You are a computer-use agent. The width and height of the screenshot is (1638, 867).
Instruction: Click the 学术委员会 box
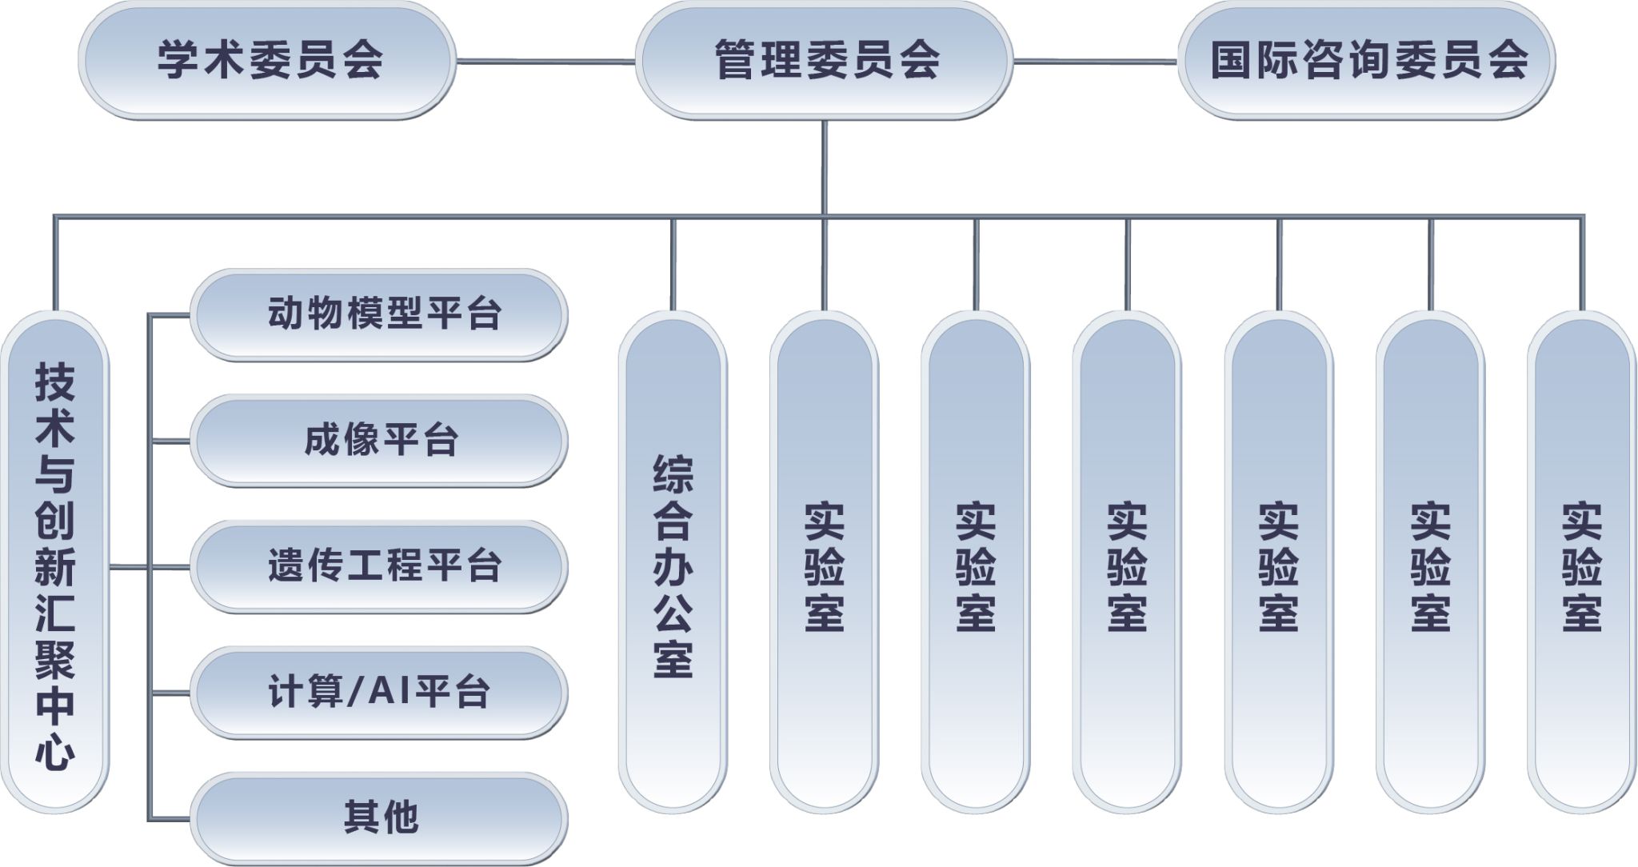click(267, 61)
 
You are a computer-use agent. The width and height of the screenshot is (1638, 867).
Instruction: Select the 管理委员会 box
click(825, 61)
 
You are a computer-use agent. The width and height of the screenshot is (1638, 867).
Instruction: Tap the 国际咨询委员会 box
click(1367, 61)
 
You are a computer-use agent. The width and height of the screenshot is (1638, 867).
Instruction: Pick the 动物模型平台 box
click(379, 314)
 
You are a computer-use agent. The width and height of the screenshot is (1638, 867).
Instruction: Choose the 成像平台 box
click(379, 441)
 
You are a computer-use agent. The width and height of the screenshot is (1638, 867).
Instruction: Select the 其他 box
click(379, 818)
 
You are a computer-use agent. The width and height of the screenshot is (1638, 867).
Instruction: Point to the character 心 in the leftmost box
click(54, 753)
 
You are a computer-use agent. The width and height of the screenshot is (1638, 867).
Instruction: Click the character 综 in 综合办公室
click(673, 475)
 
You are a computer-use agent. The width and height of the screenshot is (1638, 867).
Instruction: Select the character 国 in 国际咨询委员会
click(1232, 61)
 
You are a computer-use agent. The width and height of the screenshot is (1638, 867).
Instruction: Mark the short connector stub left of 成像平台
click(170, 441)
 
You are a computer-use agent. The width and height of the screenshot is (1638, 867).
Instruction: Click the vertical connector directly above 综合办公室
click(673, 264)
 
